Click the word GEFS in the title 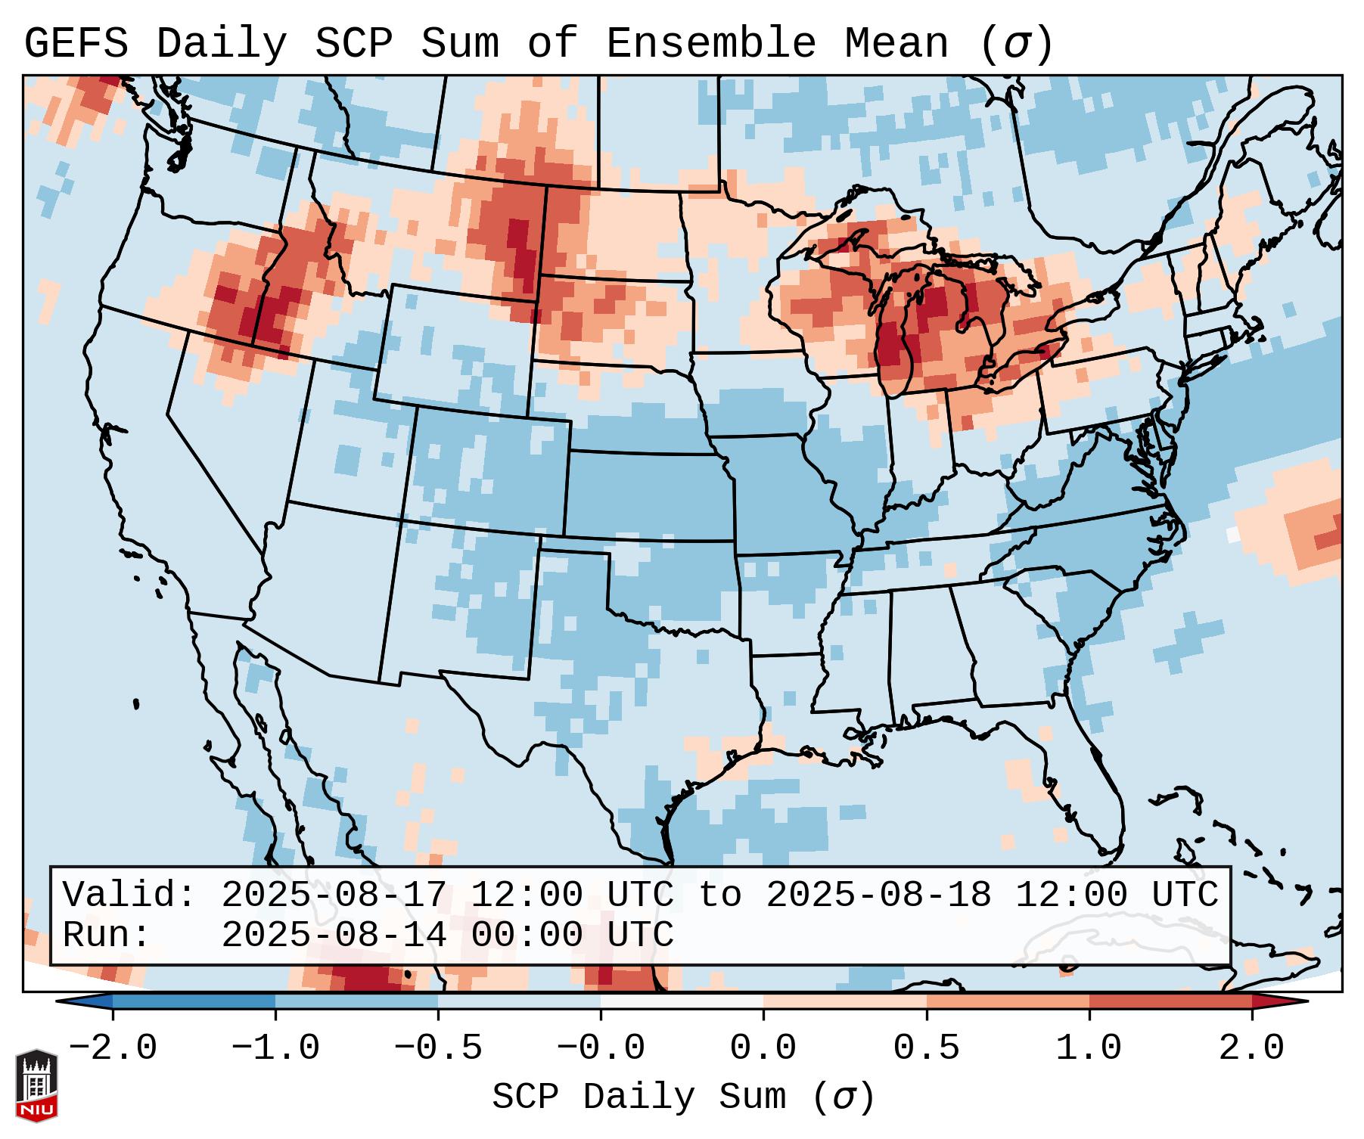pos(76,44)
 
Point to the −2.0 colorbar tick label pos(113,1048)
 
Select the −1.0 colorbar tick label pos(275,1048)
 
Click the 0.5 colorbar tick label pos(926,1048)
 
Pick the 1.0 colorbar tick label pos(1089,1048)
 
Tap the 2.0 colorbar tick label pos(1251,1048)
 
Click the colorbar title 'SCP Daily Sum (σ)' pos(683,1097)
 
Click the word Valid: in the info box pos(129,895)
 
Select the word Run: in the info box pos(107,935)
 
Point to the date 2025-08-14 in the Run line pos(334,935)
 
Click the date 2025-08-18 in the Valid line pos(878,895)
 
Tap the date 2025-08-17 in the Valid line pos(334,895)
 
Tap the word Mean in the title pos(896,44)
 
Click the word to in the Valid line pos(719,895)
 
